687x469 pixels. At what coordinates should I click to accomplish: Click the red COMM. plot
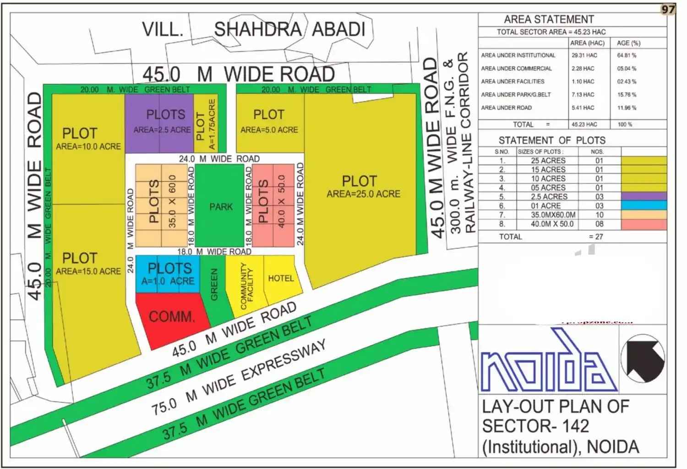[170, 316]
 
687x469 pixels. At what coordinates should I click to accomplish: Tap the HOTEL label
[281, 278]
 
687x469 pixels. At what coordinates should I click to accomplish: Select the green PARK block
[221, 206]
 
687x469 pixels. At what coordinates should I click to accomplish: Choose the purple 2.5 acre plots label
[163, 121]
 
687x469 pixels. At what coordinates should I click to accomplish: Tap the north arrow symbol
[643, 358]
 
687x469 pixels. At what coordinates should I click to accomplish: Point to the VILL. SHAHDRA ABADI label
[253, 29]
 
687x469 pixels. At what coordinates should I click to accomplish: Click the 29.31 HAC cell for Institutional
[584, 55]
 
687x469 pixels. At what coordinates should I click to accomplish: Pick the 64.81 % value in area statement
[626, 55]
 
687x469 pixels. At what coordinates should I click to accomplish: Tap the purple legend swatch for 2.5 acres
[643, 197]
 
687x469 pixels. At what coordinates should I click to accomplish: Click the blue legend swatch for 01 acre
[643, 206]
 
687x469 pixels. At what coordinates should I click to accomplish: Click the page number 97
[668, 9]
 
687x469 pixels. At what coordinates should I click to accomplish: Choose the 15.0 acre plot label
[88, 264]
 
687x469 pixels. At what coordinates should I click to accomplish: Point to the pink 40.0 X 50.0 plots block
[273, 205]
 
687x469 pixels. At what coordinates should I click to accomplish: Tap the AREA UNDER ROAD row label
[506, 108]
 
